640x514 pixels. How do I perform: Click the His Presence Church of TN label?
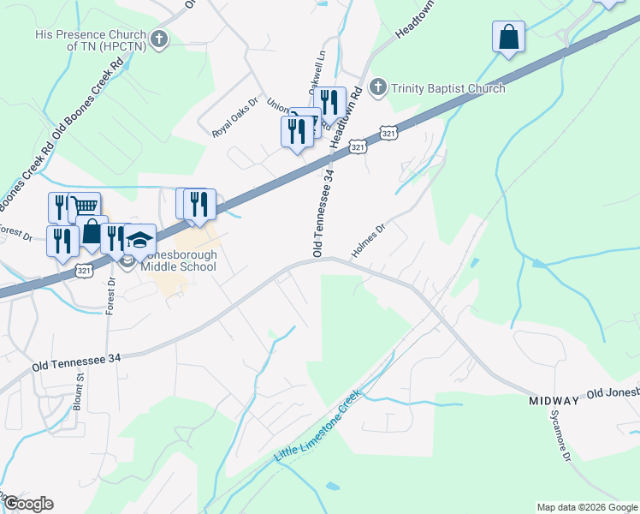92,40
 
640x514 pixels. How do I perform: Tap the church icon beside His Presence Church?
158,39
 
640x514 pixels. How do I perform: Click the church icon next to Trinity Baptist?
378,87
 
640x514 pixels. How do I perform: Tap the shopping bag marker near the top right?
508,38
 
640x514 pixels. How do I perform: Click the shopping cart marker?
83,206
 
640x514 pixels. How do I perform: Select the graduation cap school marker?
139,239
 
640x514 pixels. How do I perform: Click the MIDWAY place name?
555,400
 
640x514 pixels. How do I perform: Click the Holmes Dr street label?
370,242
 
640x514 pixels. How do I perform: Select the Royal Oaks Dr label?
234,128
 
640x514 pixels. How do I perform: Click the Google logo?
28,504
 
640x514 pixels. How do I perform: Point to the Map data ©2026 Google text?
587,507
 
